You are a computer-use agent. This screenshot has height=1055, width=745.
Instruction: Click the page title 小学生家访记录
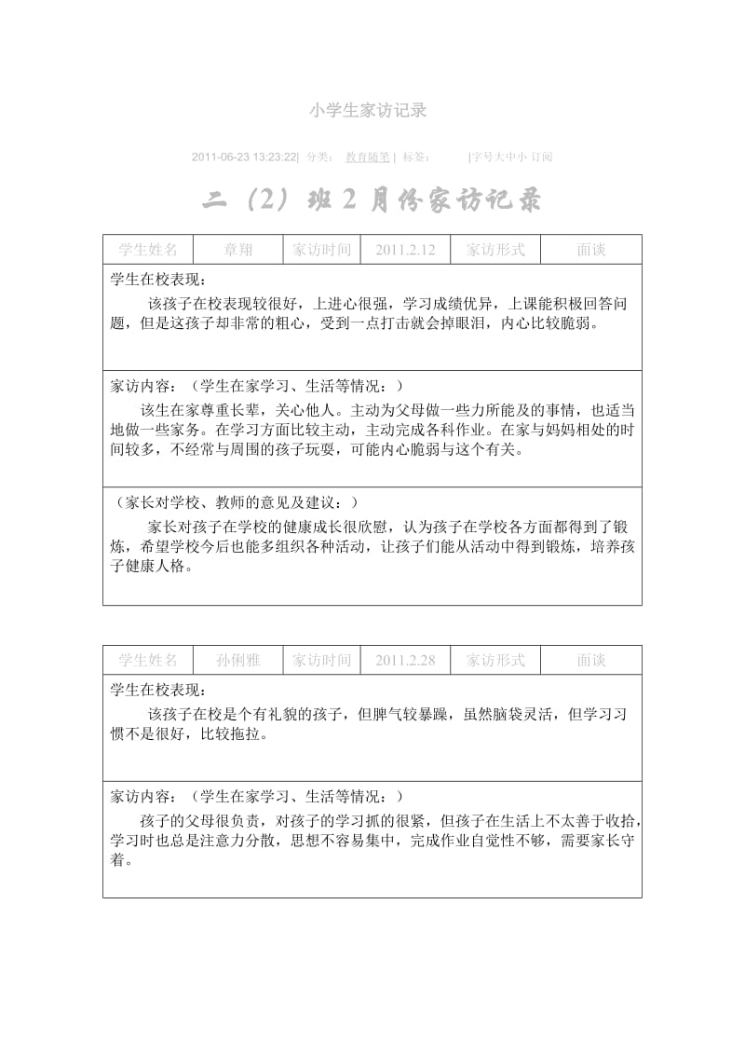pos(367,110)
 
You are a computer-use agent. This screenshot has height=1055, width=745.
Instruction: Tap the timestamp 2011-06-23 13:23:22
pos(244,157)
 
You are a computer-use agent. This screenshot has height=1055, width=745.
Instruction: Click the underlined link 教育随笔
pos(368,157)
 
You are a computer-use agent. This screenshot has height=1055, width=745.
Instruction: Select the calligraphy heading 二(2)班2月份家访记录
pos(372,202)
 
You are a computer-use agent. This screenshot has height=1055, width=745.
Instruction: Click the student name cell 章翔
pos(237,250)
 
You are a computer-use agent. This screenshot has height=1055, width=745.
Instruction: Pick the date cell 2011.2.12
pos(403,250)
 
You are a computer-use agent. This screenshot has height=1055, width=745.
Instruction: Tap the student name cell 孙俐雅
pos(237,660)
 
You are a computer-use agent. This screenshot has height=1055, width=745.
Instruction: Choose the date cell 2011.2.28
pos(403,660)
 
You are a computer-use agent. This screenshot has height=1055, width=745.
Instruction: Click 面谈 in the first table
pos(591,250)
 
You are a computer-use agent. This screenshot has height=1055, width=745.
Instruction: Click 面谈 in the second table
pos(591,660)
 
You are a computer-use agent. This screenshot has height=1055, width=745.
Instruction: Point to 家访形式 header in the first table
pos(495,250)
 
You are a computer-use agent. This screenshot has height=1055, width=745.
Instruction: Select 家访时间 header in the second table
pos(321,660)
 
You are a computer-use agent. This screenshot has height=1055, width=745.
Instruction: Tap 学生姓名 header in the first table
pos(148,250)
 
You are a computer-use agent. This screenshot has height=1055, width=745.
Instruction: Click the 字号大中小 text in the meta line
pos(500,157)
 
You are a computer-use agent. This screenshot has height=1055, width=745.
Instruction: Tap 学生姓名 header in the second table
pos(148,660)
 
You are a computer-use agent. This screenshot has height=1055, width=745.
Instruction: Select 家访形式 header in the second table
pos(495,660)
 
